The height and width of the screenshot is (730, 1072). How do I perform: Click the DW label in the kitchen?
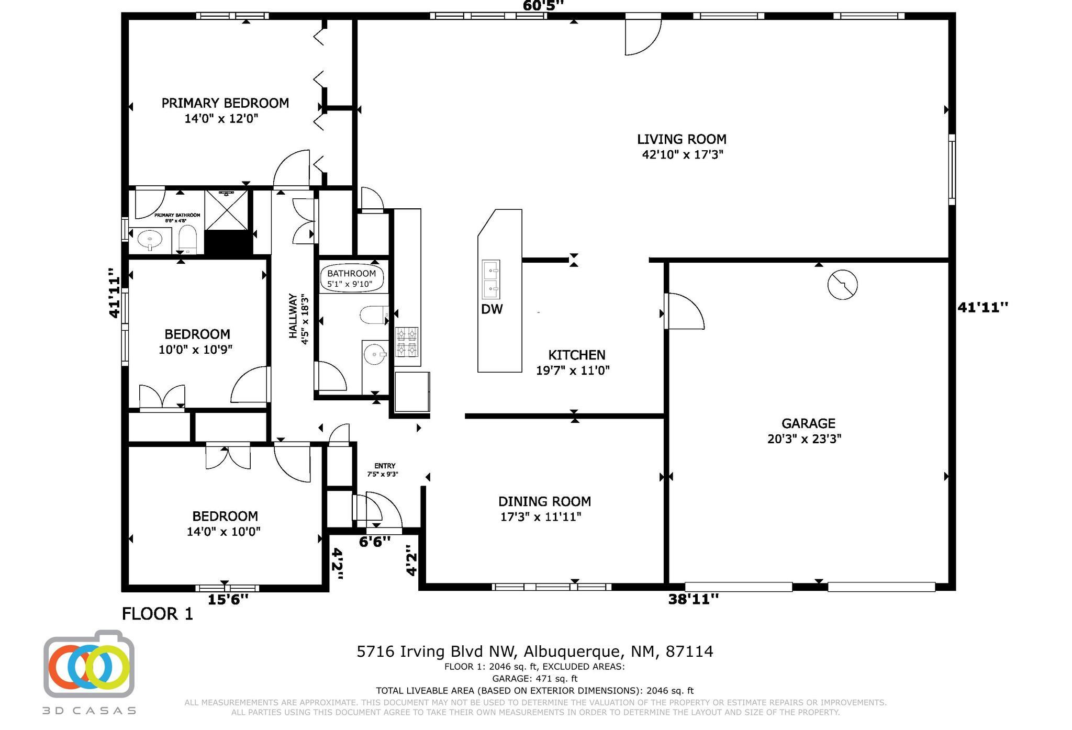(492, 309)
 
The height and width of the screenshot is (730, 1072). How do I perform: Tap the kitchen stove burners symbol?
(407, 342)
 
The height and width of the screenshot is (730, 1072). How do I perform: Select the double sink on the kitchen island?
(491, 278)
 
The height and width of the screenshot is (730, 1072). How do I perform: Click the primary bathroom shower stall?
(226, 210)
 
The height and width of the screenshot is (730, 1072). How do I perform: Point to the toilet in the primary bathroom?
(187, 240)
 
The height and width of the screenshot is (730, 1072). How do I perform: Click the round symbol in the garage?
(842, 285)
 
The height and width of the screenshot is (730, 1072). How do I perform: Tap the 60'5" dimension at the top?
(543, 6)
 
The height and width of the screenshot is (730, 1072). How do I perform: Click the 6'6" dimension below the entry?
(375, 542)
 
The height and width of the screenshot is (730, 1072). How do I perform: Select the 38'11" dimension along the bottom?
(694, 599)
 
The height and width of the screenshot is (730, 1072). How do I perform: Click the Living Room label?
(682, 139)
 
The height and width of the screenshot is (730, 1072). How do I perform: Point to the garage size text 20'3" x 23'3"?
(804, 439)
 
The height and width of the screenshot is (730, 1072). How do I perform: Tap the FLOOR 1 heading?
(158, 614)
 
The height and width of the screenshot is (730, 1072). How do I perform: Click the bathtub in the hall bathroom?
(352, 278)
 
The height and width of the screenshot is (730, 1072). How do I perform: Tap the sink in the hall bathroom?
(375, 355)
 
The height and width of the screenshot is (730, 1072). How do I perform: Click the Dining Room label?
(544, 501)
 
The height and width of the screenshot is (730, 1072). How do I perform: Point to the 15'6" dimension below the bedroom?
(228, 600)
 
